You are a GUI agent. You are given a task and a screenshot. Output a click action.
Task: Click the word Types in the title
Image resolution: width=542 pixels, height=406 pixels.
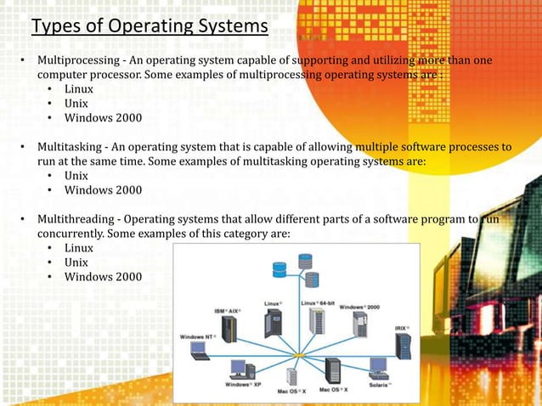coord(56,27)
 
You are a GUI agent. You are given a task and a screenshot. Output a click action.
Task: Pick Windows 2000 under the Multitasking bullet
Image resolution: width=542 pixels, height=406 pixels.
coord(104,189)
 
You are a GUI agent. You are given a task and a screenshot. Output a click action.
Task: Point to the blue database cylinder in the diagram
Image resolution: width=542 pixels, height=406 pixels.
coord(279,270)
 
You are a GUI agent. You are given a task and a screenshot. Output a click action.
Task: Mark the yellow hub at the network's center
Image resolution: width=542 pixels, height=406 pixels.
coord(299,354)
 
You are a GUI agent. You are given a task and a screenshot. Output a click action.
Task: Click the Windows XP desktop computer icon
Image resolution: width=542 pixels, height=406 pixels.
coord(240,369)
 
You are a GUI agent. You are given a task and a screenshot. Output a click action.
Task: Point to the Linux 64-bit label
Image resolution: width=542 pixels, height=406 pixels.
coord(319,302)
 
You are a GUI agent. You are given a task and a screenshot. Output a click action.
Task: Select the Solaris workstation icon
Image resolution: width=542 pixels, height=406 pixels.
coord(379,368)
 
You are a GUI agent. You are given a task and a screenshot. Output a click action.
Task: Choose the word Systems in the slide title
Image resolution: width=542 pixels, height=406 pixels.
coord(230,27)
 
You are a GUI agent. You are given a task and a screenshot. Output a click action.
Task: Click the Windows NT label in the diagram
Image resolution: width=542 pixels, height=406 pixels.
coord(197,336)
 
